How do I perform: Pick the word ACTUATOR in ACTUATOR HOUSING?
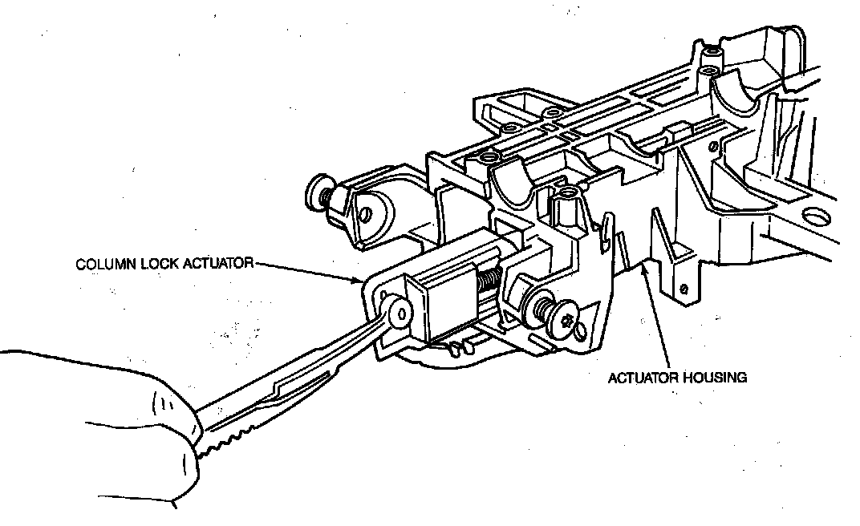[640, 376]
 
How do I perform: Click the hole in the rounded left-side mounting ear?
[365, 214]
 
